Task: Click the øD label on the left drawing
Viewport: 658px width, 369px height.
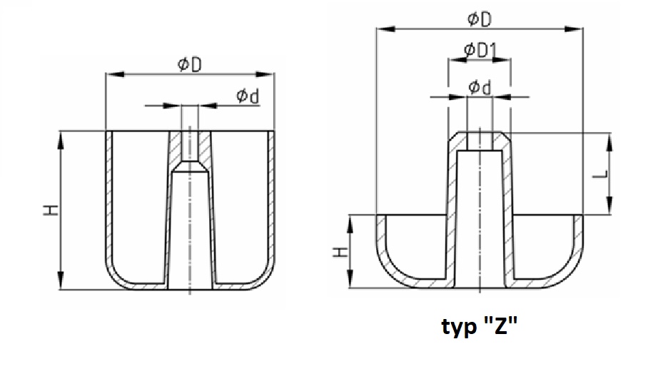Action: [190, 64]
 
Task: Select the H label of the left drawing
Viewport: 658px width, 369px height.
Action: [51, 210]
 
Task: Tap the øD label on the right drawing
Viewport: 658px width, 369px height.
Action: [480, 19]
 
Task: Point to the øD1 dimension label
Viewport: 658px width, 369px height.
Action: [480, 50]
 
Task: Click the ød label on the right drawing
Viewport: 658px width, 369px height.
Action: [480, 87]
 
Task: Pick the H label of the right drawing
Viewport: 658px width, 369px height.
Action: [340, 252]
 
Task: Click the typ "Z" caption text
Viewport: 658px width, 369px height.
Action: [480, 325]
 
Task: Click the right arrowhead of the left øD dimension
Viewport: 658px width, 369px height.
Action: [265, 74]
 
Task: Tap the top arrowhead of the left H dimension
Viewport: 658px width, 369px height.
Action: [61, 140]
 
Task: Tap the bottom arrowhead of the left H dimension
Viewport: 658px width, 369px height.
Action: [61, 280]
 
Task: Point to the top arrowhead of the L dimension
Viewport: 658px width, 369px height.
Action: [609, 142]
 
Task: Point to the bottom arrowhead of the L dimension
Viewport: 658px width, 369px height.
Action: [609, 206]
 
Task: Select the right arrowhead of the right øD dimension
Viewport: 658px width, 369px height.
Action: [574, 29]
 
